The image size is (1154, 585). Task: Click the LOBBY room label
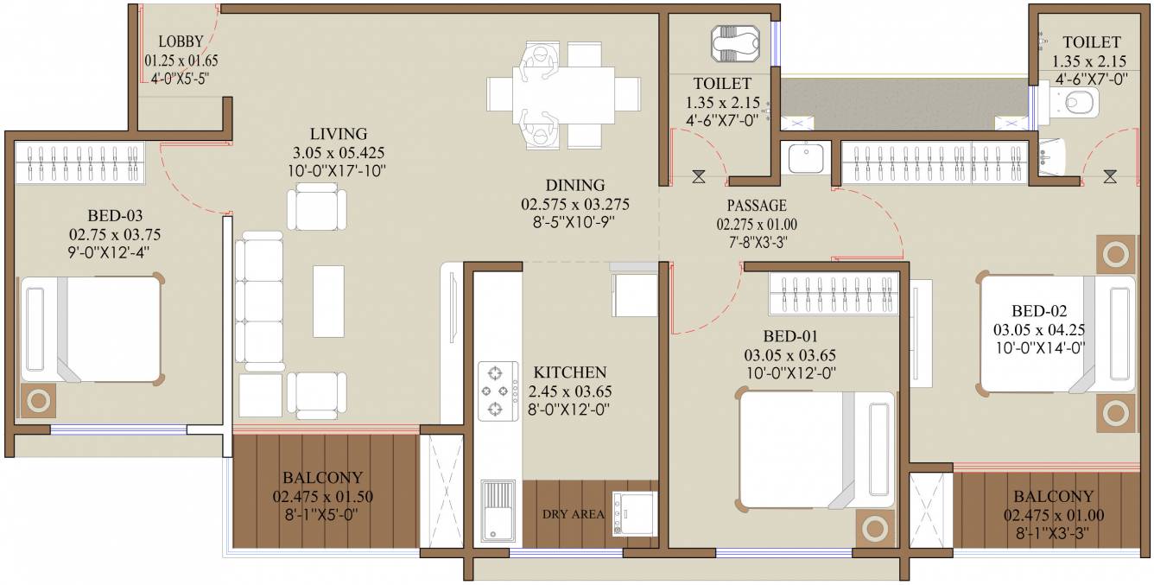click(181, 41)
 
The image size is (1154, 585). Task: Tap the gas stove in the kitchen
click(498, 391)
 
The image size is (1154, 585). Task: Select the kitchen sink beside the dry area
click(498, 512)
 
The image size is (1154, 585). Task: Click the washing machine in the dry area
click(635, 513)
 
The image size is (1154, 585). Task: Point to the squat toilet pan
click(735, 43)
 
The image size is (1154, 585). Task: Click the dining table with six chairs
click(563, 95)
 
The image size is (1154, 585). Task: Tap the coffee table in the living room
click(329, 301)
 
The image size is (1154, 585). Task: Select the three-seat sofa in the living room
click(259, 301)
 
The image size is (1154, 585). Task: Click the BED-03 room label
click(115, 215)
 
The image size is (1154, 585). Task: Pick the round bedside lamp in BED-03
click(38, 400)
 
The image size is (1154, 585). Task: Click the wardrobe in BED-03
click(79, 162)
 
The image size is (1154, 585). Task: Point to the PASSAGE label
click(757, 206)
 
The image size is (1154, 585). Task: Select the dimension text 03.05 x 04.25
click(1038, 330)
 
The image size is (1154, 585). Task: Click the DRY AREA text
click(573, 514)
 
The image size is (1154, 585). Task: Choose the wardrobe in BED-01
click(834, 293)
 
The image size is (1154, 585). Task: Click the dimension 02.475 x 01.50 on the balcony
click(322, 496)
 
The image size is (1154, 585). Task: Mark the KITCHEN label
click(570, 372)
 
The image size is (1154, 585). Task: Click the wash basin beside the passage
click(806, 158)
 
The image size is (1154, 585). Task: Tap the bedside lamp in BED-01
click(875, 529)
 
